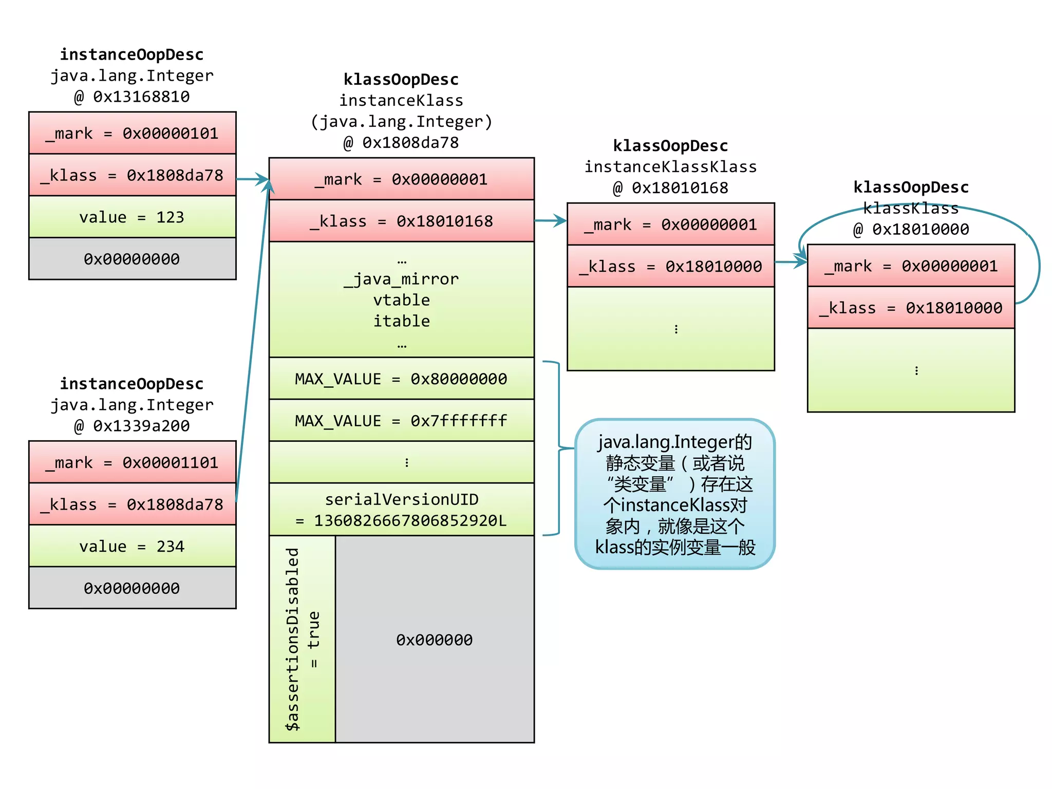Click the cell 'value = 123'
coord(132,217)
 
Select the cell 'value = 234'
coord(132,546)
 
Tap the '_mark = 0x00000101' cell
coord(132,133)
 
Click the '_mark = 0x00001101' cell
coord(132,462)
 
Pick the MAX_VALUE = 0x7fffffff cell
coord(401,421)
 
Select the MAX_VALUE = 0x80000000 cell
coord(401,379)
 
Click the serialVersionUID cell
coord(401,510)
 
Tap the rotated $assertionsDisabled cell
coord(302,639)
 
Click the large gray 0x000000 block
coord(435,640)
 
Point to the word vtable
coord(401,300)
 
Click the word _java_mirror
coord(401,279)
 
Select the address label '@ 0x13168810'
coord(132,97)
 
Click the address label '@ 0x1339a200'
coord(132,426)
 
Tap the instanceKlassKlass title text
coord(670,167)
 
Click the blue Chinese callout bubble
coord(674,494)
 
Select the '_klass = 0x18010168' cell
coord(401,221)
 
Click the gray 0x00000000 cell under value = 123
coord(132,259)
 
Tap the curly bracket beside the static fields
coord(558,448)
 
